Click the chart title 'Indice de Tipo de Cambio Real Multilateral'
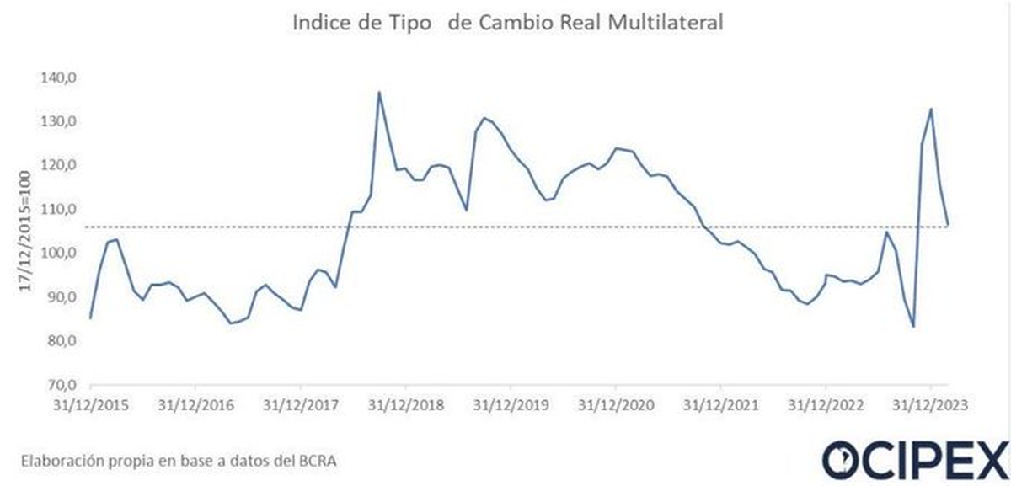(x=507, y=23)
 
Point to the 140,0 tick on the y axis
(x=60, y=78)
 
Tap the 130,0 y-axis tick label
(x=60, y=122)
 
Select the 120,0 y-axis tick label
(x=60, y=166)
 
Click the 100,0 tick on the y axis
(x=60, y=254)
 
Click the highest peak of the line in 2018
(x=379, y=92)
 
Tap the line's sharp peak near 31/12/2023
(x=931, y=109)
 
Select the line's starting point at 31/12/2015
(x=90, y=318)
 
